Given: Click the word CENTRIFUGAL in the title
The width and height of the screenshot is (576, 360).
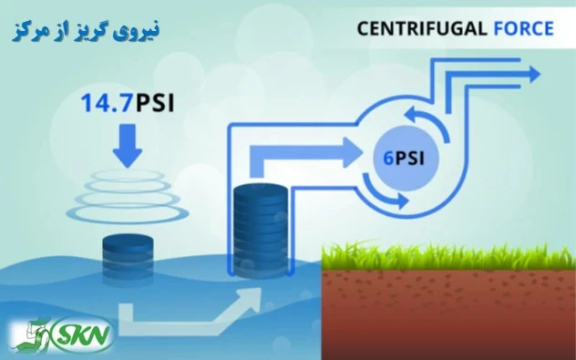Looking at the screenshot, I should tap(422, 28).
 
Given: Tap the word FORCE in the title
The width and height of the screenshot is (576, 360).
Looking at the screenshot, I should tap(523, 28).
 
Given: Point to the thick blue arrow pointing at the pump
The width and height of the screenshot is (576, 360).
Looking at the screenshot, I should tap(304, 156).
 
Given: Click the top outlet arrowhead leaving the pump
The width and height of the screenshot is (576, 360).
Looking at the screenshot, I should tap(529, 68).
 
